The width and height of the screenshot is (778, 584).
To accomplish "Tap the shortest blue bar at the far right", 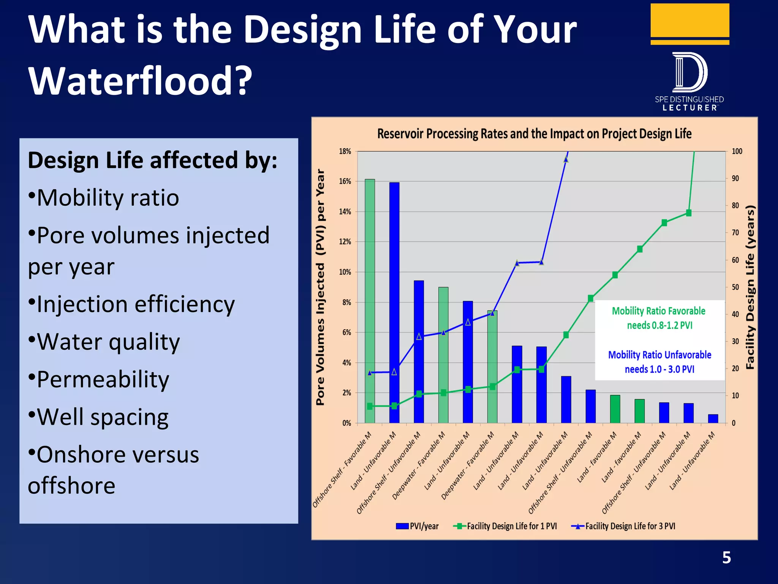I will tap(713, 419).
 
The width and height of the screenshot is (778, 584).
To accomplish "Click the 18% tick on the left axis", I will tap(345, 151).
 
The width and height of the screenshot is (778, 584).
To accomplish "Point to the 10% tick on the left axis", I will tap(345, 272).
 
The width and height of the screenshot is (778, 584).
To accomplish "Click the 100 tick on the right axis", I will tap(737, 151).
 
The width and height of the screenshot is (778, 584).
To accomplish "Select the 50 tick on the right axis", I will tap(735, 287).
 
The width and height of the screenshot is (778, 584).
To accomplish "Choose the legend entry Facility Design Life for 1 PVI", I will tap(505, 526).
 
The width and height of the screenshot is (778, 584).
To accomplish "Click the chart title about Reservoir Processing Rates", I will tap(534, 134).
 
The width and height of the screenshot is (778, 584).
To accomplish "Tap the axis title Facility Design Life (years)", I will tap(750, 287).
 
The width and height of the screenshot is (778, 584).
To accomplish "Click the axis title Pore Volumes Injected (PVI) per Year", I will tap(321, 287).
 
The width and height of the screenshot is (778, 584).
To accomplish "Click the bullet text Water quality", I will tap(108, 342).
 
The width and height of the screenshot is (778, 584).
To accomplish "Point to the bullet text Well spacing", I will tap(102, 417).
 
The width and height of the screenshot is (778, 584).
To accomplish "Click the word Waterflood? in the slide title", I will tap(140, 81).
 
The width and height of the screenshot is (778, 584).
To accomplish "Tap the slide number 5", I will tap(726, 558).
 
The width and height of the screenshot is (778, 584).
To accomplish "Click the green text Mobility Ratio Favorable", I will tap(658, 311).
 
